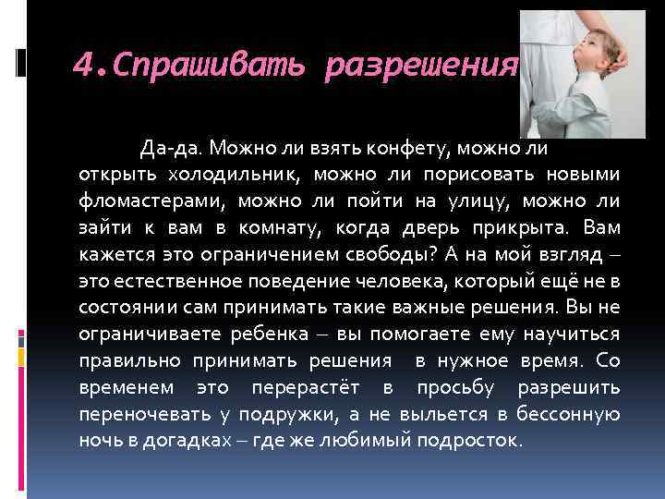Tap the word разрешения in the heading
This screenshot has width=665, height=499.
click(x=421, y=67)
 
